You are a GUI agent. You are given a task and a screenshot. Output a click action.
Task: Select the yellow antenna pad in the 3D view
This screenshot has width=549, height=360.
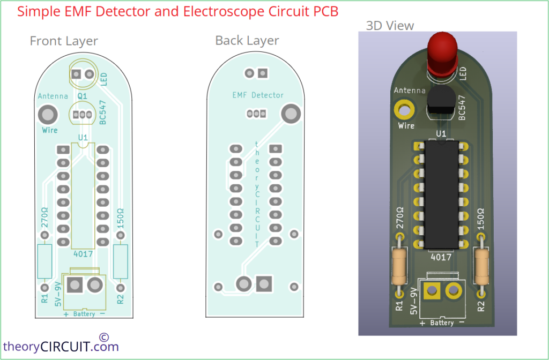(x=404, y=110)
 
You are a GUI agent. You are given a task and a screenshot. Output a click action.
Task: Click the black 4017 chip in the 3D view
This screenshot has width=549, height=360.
(x=441, y=196)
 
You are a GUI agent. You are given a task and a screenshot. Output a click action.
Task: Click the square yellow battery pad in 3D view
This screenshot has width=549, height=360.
(x=431, y=291)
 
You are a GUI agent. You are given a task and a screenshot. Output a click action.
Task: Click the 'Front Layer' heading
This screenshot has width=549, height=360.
(x=64, y=41)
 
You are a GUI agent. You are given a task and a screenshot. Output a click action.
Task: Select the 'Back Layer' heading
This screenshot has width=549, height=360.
(x=247, y=41)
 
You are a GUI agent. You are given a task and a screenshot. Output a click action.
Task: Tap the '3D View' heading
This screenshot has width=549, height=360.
(x=390, y=25)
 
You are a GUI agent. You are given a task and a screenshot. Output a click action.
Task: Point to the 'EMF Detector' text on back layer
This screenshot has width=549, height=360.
(x=258, y=95)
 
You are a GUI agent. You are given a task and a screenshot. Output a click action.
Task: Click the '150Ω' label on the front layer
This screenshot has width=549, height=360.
(x=121, y=219)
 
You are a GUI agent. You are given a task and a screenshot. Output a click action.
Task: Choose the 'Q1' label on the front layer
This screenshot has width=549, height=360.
(x=83, y=96)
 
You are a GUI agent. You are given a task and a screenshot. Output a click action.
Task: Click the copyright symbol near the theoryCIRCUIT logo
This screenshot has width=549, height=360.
(x=104, y=337)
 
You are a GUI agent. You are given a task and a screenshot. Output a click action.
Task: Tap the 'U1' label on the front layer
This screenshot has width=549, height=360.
(x=83, y=138)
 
